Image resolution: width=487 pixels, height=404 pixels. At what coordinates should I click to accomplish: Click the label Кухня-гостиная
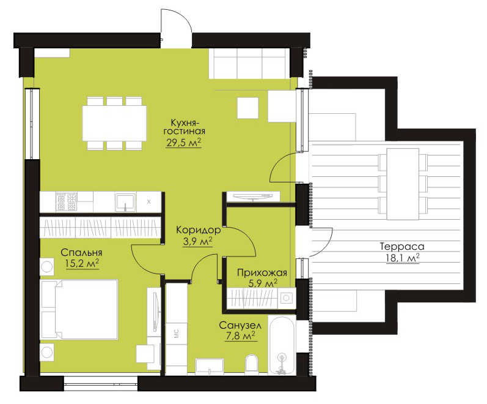[184, 126]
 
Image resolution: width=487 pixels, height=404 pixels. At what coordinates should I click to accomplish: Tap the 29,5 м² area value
[184, 142]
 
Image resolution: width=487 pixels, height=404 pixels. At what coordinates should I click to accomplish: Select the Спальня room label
[81, 252]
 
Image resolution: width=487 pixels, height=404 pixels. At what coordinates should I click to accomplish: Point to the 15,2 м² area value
[82, 263]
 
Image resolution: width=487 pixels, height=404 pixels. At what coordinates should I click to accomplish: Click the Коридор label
[199, 230]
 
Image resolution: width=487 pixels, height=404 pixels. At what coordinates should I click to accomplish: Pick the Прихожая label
[262, 273]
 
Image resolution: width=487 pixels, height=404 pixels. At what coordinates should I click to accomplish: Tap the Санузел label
[240, 326]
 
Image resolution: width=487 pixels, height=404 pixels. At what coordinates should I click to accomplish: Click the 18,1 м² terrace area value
[403, 258]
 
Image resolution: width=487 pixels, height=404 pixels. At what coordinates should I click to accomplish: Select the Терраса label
[402, 247]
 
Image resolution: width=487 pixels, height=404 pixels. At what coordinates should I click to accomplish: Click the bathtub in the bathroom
[282, 346]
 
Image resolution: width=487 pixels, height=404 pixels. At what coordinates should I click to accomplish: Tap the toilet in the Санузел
[252, 365]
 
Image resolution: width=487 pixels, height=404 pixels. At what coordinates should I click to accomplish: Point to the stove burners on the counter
[67, 201]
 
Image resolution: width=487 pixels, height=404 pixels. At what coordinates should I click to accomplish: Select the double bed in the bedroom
[79, 309]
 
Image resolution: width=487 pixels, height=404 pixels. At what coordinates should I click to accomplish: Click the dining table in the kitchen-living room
[115, 123]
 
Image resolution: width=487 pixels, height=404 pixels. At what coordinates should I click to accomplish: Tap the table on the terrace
[403, 184]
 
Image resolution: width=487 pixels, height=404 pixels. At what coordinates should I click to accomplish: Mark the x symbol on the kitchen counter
[148, 201]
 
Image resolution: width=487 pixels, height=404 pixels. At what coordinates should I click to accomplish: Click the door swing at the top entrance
[177, 21]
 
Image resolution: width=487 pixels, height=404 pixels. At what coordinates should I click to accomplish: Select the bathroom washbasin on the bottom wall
[210, 366]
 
